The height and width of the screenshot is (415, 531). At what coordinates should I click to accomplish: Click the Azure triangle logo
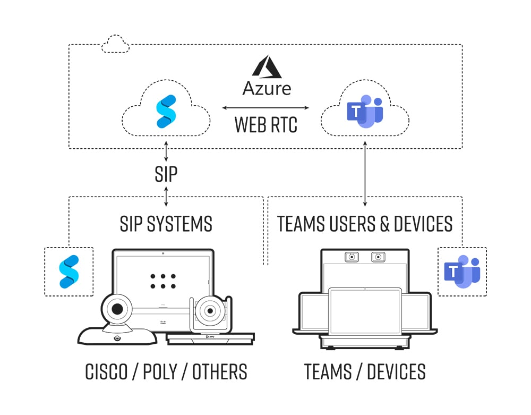[267, 66]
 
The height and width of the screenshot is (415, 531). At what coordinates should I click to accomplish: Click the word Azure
[267, 88]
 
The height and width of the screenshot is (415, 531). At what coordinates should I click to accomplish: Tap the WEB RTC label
[267, 125]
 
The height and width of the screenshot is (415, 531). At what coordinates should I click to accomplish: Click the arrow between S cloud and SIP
[167, 151]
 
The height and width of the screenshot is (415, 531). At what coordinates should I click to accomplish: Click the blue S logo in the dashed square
[68, 271]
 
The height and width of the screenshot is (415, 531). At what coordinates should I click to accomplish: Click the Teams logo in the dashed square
[462, 271]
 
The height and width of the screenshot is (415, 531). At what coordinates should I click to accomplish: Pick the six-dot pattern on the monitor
[162, 281]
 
